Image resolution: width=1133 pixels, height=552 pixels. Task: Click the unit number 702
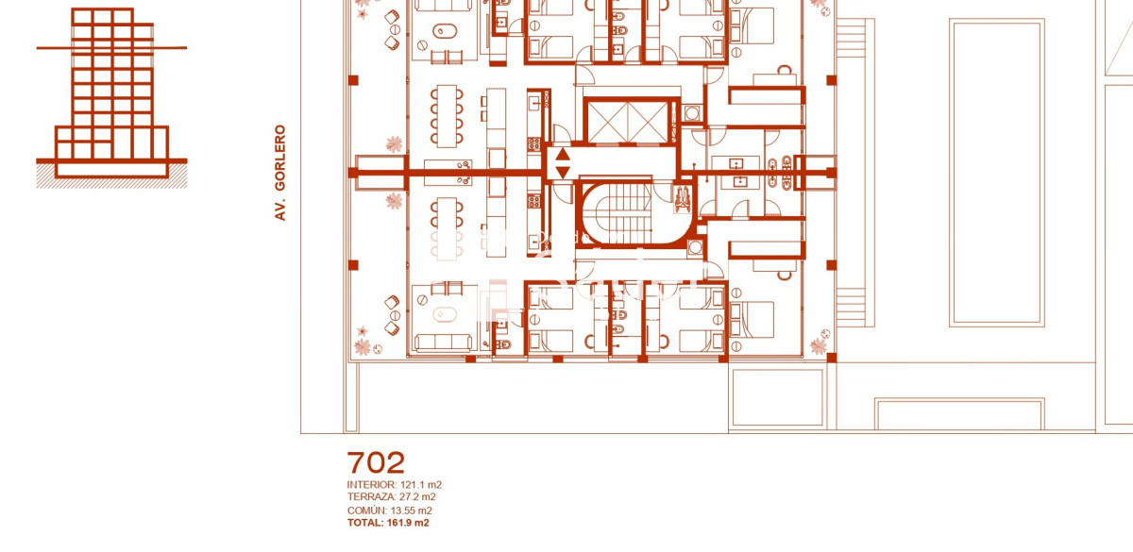click(x=376, y=462)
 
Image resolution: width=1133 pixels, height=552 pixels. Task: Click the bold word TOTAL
click(x=364, y=523)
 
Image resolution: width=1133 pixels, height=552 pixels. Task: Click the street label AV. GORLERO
click(x=279, y=174)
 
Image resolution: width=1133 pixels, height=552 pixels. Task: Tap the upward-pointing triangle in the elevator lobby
click(x=563, y=156)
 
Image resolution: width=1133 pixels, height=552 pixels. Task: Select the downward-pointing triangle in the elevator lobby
click(x=563, y=172)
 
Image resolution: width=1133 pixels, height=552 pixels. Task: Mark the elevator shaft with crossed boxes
click(x=631, y=120)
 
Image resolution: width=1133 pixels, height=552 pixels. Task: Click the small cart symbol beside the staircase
click(x=683, y=193)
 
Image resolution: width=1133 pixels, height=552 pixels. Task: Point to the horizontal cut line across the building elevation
click(x=111, y=47)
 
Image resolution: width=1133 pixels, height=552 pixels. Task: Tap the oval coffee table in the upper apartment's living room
click(x=442, y=34)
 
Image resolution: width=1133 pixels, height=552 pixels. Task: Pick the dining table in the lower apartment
click(x=447, y=226)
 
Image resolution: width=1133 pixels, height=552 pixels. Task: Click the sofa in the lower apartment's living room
click(x=442, y=342)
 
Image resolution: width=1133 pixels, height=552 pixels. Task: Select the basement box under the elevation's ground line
click(x=111, y=168)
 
